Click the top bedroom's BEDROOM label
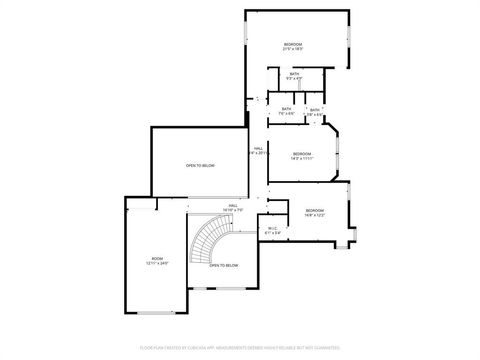point(293,45)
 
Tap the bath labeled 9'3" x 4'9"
point(295,76)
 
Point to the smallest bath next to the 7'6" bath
point(315,112)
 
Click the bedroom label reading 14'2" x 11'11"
point(302,155)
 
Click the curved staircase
point(213,239)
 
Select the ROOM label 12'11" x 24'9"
point(156,261)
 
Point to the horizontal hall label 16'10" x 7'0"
point(233,207)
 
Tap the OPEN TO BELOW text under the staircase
point(224,265)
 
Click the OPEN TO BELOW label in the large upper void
point(200,166)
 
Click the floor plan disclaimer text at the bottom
point(240,349)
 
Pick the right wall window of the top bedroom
point(350,40)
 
